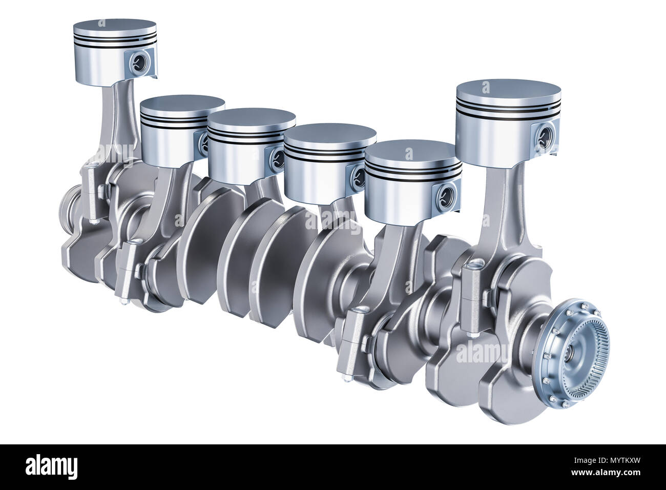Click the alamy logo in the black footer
point(51,467)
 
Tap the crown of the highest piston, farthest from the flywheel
point(114,27)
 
